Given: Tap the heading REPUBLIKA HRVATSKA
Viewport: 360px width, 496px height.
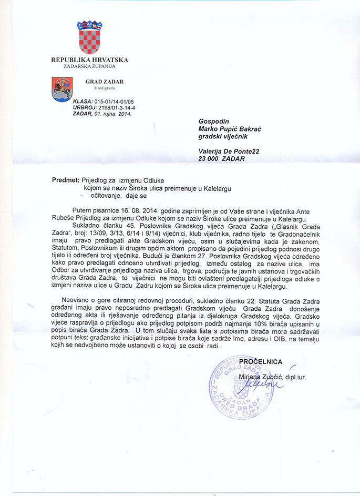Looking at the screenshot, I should pos(89,60).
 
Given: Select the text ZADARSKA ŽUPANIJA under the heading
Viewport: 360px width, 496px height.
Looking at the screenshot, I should pos(89,66).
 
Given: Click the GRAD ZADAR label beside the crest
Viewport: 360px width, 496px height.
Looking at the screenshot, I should pos(105,82).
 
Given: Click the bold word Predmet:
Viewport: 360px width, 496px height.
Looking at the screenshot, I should pos(65,179).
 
